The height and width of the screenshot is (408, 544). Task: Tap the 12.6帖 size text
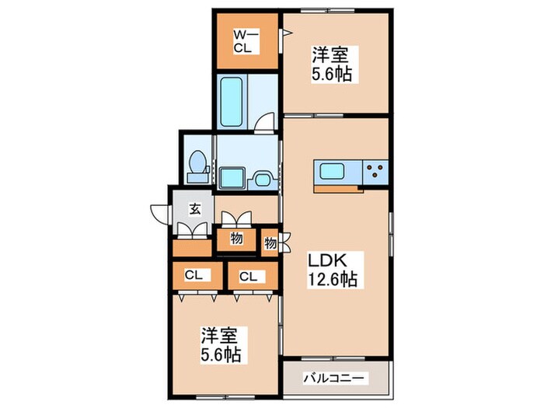click(x=331, y=280)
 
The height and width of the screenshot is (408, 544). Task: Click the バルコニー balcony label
click(x=336, y=378)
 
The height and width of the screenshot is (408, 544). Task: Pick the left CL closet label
click(x=194, y=275)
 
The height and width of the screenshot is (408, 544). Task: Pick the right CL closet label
click(x=249, y=275)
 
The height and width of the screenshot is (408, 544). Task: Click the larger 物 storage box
click(x=236, y=239)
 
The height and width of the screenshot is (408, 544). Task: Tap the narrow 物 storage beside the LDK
click(x=270, y=243)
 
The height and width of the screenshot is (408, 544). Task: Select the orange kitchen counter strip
click(x=338, y=187)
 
